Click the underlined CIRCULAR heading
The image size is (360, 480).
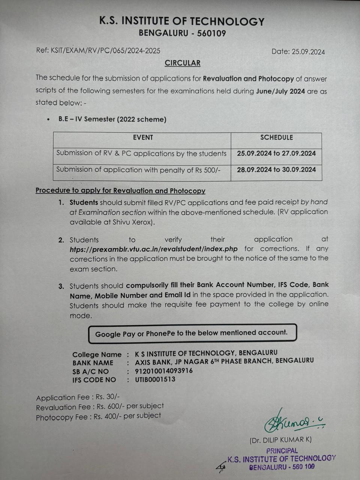tap(183, 63)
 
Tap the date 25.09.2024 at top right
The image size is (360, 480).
tap(308, 52)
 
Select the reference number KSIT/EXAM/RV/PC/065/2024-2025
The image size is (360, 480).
tap(105, 51)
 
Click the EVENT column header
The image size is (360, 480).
tap(143, 138)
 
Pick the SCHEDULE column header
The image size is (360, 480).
tap(276, 138)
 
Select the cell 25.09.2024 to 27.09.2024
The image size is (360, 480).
tap(276, 153)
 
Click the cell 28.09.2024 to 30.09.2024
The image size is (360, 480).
tap(276, 169)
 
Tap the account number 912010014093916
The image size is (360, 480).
tap(164, 371)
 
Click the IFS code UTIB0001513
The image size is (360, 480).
tap(155, 379)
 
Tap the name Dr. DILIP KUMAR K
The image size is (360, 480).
tap(280, 439)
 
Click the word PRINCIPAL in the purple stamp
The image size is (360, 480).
tap(282, 451)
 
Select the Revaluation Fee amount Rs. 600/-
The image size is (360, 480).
tap(111, 406)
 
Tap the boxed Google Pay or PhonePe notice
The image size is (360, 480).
tap(192, 333)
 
